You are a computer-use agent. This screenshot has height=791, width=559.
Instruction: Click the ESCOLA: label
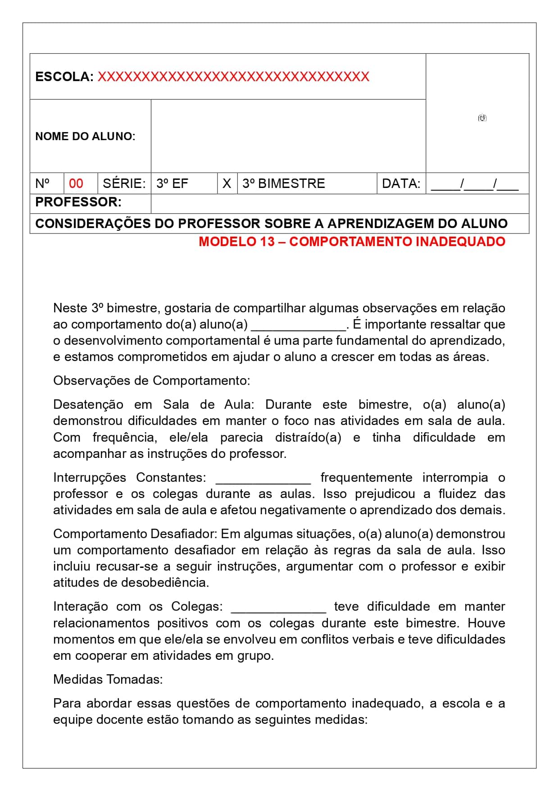[64, 77]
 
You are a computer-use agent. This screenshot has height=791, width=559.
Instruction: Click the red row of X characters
[233, 77]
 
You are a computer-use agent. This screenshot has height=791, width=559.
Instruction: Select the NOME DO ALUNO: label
[85, 136]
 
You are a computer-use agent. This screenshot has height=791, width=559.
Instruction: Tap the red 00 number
[76, 183]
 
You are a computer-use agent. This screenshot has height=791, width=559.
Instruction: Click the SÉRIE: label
[124, 183]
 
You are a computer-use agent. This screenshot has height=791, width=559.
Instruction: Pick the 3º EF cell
[172, 183]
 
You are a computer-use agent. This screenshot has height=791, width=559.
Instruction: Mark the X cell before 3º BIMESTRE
[227, 183]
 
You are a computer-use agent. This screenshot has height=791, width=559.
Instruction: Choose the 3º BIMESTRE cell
[283, 183]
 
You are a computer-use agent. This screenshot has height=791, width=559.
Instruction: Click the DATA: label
[401, 183]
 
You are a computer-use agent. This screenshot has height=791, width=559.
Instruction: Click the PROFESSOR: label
[78, 202]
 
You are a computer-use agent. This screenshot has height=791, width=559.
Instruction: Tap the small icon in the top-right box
[482, 118]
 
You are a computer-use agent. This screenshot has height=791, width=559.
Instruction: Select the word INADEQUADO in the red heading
[460, 242]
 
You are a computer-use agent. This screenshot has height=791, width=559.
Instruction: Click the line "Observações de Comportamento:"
[151, 380]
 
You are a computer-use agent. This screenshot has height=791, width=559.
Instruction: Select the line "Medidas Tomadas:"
[108, 679]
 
